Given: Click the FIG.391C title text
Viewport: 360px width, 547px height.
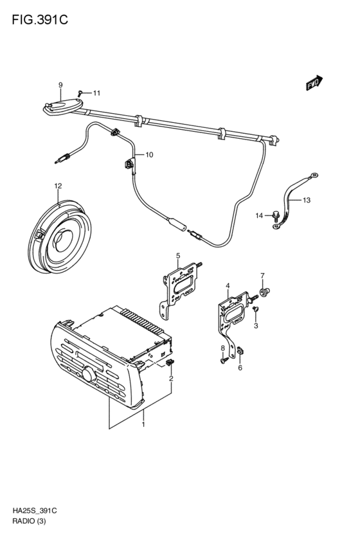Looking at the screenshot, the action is pyautogui.click(x=40, y=20).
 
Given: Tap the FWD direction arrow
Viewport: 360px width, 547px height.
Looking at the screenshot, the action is pyautogui.click(x=314, y=83).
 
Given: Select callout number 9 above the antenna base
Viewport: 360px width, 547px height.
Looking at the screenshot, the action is pyautogui.click(x=60, y=85).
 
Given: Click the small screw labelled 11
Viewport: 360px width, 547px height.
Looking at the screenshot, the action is pyautogui.click(x=80, y=93).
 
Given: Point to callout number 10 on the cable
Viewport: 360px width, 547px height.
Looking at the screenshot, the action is pyautogui.click(x=149, y=154).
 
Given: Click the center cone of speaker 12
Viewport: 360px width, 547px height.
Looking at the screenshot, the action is pyautogui.click(x=63, y=240).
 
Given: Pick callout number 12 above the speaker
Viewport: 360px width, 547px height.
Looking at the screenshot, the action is pyautogui.click(x=58, y=186).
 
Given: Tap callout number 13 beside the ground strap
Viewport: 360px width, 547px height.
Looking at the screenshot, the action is pyautogui.click(x=306, y=201).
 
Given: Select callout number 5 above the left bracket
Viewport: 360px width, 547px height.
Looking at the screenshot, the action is pyautogui.click(x=178, y=256).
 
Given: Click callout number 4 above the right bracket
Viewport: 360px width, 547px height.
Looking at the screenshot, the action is pyautogui.click(x=228, y=286).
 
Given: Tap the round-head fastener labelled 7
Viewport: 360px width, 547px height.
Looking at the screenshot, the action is pyautogui.click(x=265, y=291).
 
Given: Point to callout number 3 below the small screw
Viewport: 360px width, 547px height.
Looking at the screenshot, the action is pyautogui.click(x=256, y=326).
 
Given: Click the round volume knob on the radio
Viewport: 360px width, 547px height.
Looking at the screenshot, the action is pyautogui.click(x=89, y=374).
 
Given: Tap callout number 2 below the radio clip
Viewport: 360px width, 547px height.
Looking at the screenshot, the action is pyautogui.click(x=171, y=379).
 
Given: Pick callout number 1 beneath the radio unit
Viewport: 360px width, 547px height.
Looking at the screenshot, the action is pyautogui.click(x=143, y=425).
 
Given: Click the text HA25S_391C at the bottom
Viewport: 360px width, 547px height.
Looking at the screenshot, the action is pyautogui.click(x=35, y=511).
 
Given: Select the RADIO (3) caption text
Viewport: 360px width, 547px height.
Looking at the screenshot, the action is pyautogui.click(x=30, y=521).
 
